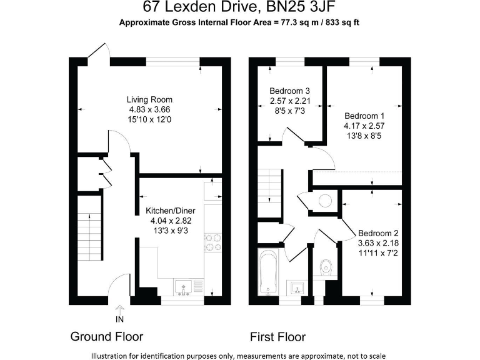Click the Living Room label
tap(149, 99)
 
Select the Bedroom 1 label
tap(364, 116)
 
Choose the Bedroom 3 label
tap(289, 91)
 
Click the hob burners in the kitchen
tap(212, 242)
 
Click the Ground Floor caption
tap(106, 337)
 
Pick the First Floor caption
tap(277, 337)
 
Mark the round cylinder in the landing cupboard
tap(325, 201)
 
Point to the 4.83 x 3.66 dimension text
tap(149, 109)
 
